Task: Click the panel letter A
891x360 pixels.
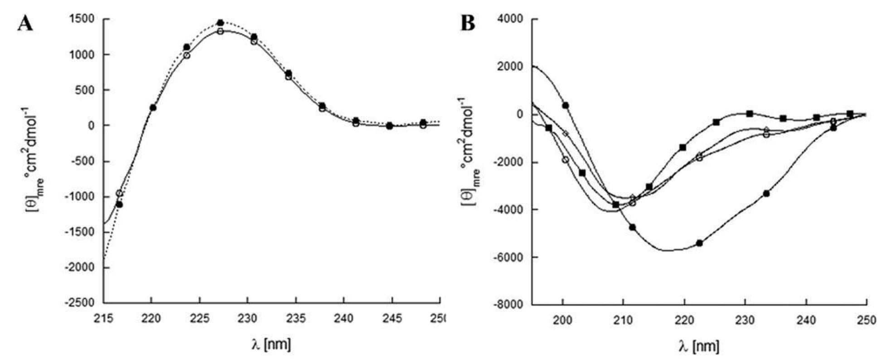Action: (25, 24)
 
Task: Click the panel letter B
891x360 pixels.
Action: (468, 23)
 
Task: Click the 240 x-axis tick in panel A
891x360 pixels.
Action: (343, 319)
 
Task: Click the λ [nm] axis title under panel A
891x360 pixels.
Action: (271, 344)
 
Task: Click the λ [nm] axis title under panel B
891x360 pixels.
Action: (698, 347)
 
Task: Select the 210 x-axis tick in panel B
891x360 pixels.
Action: (623, 321)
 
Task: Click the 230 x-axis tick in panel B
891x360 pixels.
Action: (745, 321)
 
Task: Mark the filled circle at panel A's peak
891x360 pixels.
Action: (220, 23)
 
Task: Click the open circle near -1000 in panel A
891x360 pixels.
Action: (119, 193)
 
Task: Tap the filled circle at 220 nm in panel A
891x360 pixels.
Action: (153, 108)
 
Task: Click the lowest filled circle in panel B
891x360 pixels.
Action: (699, 243)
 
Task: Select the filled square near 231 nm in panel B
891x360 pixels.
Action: (750, 113)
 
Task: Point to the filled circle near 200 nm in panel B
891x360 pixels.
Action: (565, 105)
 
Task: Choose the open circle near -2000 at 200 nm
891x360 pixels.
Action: (565, 160)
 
